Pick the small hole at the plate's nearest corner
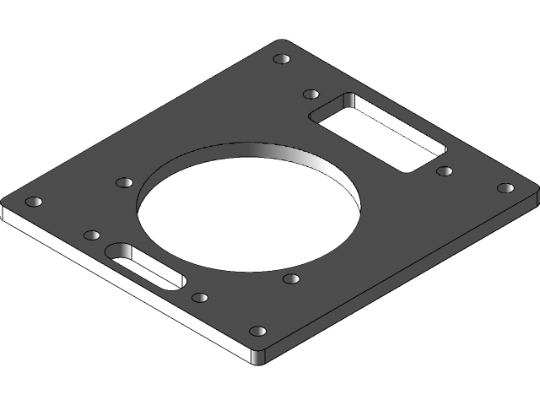258,332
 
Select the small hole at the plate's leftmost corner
34,202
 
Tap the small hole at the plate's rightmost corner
505,187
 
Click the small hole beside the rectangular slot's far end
311,94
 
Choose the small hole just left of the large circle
124,182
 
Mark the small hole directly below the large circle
291,278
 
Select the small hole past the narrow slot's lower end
200,297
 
